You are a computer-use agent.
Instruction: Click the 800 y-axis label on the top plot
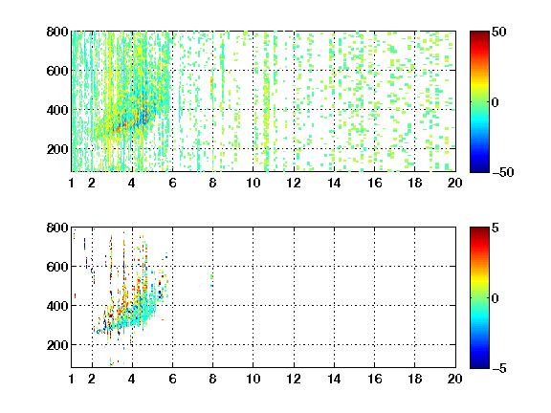point(57,32)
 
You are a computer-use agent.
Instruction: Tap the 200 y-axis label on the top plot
point(57,149)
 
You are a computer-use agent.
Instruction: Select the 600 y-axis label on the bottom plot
point(57,267)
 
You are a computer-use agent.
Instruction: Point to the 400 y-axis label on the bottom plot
point(57,306)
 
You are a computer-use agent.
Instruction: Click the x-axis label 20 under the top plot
point(454,183)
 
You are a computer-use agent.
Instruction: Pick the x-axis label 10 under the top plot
point(253,183)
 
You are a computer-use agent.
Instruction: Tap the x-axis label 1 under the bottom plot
point(72,379)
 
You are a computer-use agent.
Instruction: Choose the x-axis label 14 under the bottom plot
point(334,379)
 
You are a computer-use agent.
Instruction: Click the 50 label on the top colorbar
point(499,32)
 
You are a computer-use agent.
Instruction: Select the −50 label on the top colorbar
point(503,172)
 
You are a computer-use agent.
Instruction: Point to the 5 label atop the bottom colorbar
point(496,228)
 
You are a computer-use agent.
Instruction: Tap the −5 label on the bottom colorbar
point(499,368)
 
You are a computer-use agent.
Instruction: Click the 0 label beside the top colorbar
point(496,102)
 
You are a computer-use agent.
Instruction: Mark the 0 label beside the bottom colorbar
point(496,298)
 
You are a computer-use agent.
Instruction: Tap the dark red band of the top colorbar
point(479,35)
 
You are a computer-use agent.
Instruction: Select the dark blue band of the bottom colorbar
point(479,364)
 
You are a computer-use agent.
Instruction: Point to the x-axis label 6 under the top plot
point(172,183)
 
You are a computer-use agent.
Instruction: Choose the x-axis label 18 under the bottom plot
point(414,379)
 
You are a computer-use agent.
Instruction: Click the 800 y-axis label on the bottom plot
point(57,228)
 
